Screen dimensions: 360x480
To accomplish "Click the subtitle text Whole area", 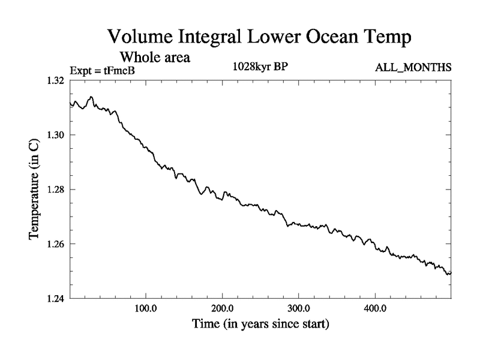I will point(155,58).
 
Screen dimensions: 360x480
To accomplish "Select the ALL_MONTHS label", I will point(413,67).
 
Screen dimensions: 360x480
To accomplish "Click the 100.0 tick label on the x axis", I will point(146,309).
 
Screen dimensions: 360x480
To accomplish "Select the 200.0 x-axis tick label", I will point(223,309).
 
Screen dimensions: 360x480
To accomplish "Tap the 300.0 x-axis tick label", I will point(299,309).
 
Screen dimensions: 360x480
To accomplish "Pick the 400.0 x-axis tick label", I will point(375,309).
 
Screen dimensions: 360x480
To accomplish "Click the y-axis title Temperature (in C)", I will point(35,188).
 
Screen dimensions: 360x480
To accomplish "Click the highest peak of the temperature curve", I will point(91,97).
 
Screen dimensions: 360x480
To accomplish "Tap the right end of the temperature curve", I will point(451,273).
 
